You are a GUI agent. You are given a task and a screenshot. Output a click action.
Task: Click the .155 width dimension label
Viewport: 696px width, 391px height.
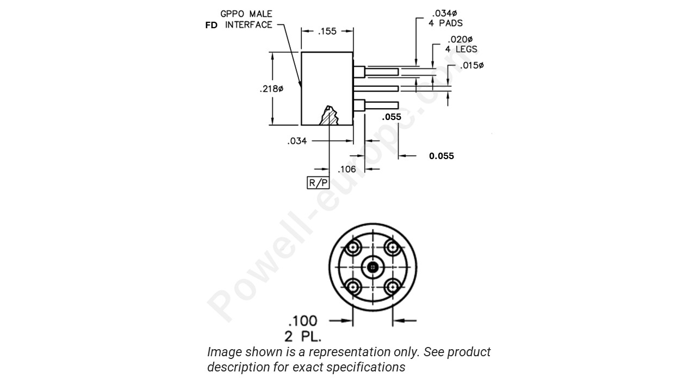[327, 31]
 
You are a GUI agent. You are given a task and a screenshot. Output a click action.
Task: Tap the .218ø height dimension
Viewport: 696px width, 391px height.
[271, 89]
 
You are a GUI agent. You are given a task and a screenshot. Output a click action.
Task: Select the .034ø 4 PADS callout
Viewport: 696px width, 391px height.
[445, 18]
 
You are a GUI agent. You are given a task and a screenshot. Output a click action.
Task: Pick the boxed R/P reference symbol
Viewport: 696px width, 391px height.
[319, 183]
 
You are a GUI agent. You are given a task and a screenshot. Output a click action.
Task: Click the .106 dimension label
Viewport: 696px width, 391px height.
[347, 169]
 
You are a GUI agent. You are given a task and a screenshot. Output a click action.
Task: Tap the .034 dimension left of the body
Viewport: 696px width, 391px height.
[297, 141]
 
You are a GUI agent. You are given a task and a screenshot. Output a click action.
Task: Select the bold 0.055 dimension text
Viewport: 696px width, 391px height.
[441, 156]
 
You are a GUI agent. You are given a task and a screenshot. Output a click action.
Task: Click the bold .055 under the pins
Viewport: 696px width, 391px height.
[391, 117]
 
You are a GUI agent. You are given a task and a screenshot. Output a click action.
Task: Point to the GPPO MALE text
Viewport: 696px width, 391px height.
[246, 14]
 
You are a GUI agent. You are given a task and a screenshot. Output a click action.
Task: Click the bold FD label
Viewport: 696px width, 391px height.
[211, 26]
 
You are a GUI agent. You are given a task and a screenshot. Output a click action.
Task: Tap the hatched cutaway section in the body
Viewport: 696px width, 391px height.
[330, 116]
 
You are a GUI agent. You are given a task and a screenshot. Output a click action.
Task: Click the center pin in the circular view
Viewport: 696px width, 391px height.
[372, 267]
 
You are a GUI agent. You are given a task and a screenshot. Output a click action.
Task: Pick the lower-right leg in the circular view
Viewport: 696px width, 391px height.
[391, 286]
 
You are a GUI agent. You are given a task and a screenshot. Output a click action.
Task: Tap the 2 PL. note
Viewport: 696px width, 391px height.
[303, 336]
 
